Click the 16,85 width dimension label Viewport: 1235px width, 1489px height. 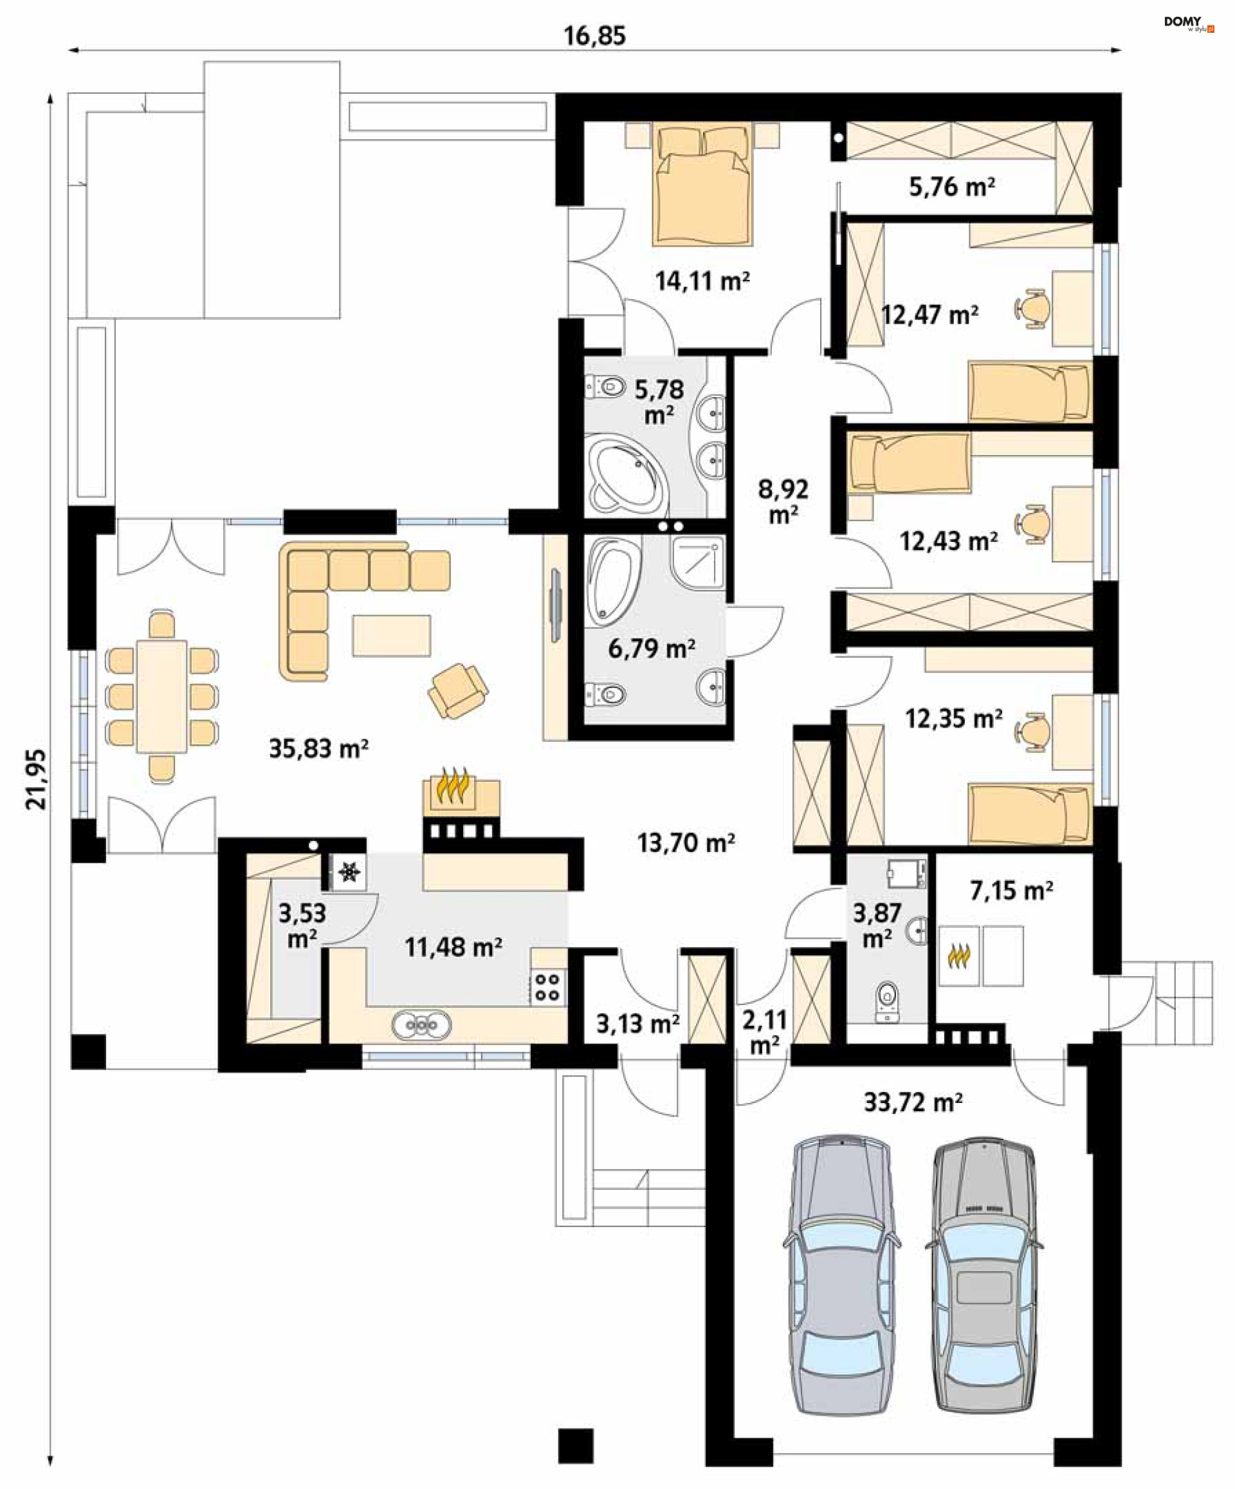tap(594, 35)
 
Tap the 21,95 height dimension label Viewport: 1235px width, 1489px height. tap(36, 779)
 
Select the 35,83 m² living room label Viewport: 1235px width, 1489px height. tap(318, 748)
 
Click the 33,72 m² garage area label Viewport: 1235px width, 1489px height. tap(913, 1102)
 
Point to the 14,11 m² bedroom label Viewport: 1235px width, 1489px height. tap(702, 281)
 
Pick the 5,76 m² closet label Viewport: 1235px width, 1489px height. tap(951, 187)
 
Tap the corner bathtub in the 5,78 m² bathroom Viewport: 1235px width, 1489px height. tap(627, 475)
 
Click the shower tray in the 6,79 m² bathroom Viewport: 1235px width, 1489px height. tap(698, 564)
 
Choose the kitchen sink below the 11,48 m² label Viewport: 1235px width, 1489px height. tap(421, 1025)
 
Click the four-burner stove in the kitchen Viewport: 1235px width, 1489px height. tap(547, 986)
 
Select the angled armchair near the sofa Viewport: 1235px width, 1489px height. tap(458, 690)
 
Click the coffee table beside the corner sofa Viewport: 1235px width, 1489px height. tap(391, 635)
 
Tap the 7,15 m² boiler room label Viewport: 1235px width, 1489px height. tap(1011, 890)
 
